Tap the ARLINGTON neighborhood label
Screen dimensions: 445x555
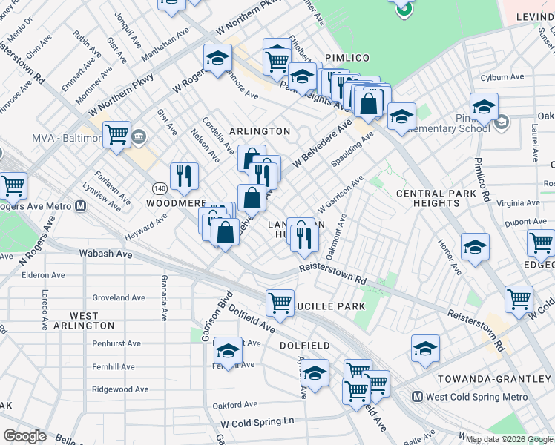click(x=260, y=131)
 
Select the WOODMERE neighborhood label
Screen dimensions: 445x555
click(x=175, y=202)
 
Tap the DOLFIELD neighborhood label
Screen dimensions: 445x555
click(x=303, y=346)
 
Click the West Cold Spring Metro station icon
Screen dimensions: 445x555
click(x=418, y=398)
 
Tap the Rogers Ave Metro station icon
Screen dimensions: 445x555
click(x=81, y=206)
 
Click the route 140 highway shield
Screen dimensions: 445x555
click(x=159, y=188)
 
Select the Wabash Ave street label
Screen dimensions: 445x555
click(x=105, y=254)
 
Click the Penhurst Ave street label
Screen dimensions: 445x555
click(x=116, y=343)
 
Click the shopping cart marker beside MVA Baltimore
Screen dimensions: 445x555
click(x=117, y=136)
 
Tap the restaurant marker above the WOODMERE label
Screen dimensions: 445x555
click(x=183, y=177)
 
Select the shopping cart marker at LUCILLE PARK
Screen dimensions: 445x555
click(x=280, y=302)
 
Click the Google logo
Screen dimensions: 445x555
click(x=24, y=436)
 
